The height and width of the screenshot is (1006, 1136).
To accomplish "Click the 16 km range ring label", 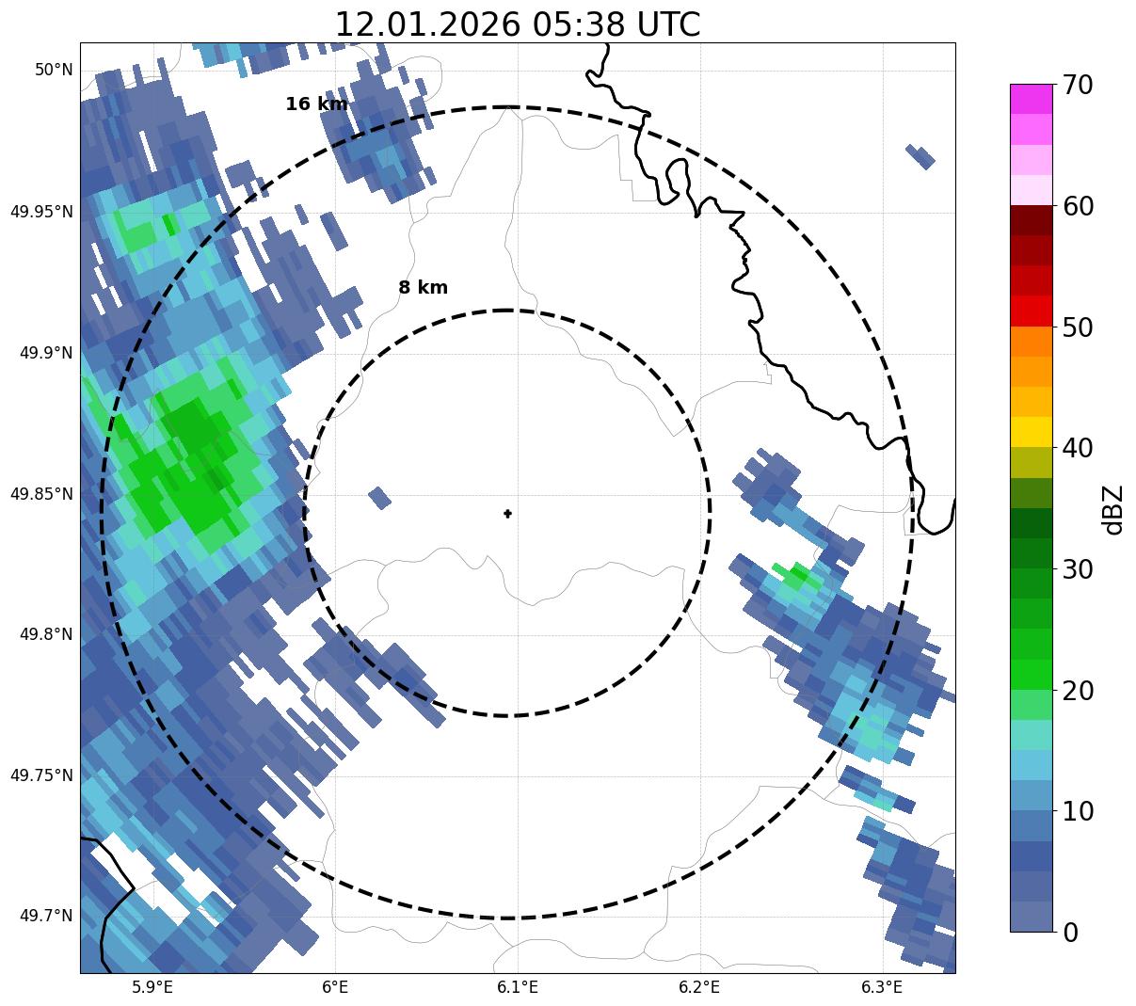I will (x=316, y=104).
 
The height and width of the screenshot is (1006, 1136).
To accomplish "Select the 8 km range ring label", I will (x=423, y=288).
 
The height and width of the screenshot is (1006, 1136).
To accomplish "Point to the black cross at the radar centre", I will (x=508, y=513).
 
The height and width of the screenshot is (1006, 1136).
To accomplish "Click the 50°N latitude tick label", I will (x=54, y=70).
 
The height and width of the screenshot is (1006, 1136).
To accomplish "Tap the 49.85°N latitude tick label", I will (x=41, y=494).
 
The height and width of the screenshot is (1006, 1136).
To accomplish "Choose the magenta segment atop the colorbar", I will (x=1031, y=99).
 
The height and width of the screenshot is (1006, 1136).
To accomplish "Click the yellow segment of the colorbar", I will (x=1031, y=432).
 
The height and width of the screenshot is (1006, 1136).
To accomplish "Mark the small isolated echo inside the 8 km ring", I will (x=379, y=498).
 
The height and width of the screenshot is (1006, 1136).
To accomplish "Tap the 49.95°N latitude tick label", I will (x=41, y=212).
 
